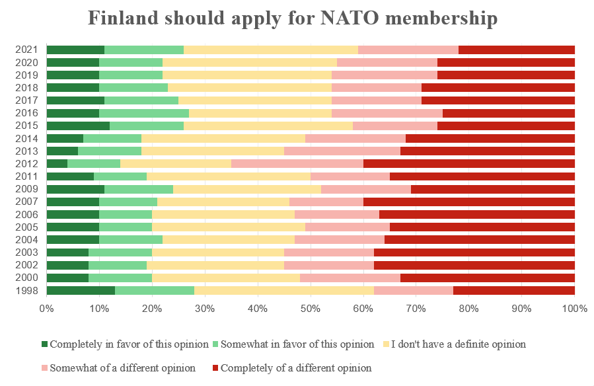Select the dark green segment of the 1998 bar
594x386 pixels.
81,290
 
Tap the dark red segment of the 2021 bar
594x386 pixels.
516,50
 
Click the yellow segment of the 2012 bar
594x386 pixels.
176,163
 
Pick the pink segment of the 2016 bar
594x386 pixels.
387,113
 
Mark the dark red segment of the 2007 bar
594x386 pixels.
468,202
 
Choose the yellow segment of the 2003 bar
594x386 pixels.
218,252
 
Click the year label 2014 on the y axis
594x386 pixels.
27,139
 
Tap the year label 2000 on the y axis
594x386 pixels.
27,278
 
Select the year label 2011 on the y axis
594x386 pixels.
27,176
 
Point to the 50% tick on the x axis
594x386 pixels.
311,309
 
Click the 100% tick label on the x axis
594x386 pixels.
574,309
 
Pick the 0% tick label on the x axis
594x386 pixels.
46,309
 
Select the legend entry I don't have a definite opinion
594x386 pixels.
459,344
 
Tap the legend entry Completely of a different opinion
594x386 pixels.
295,368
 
